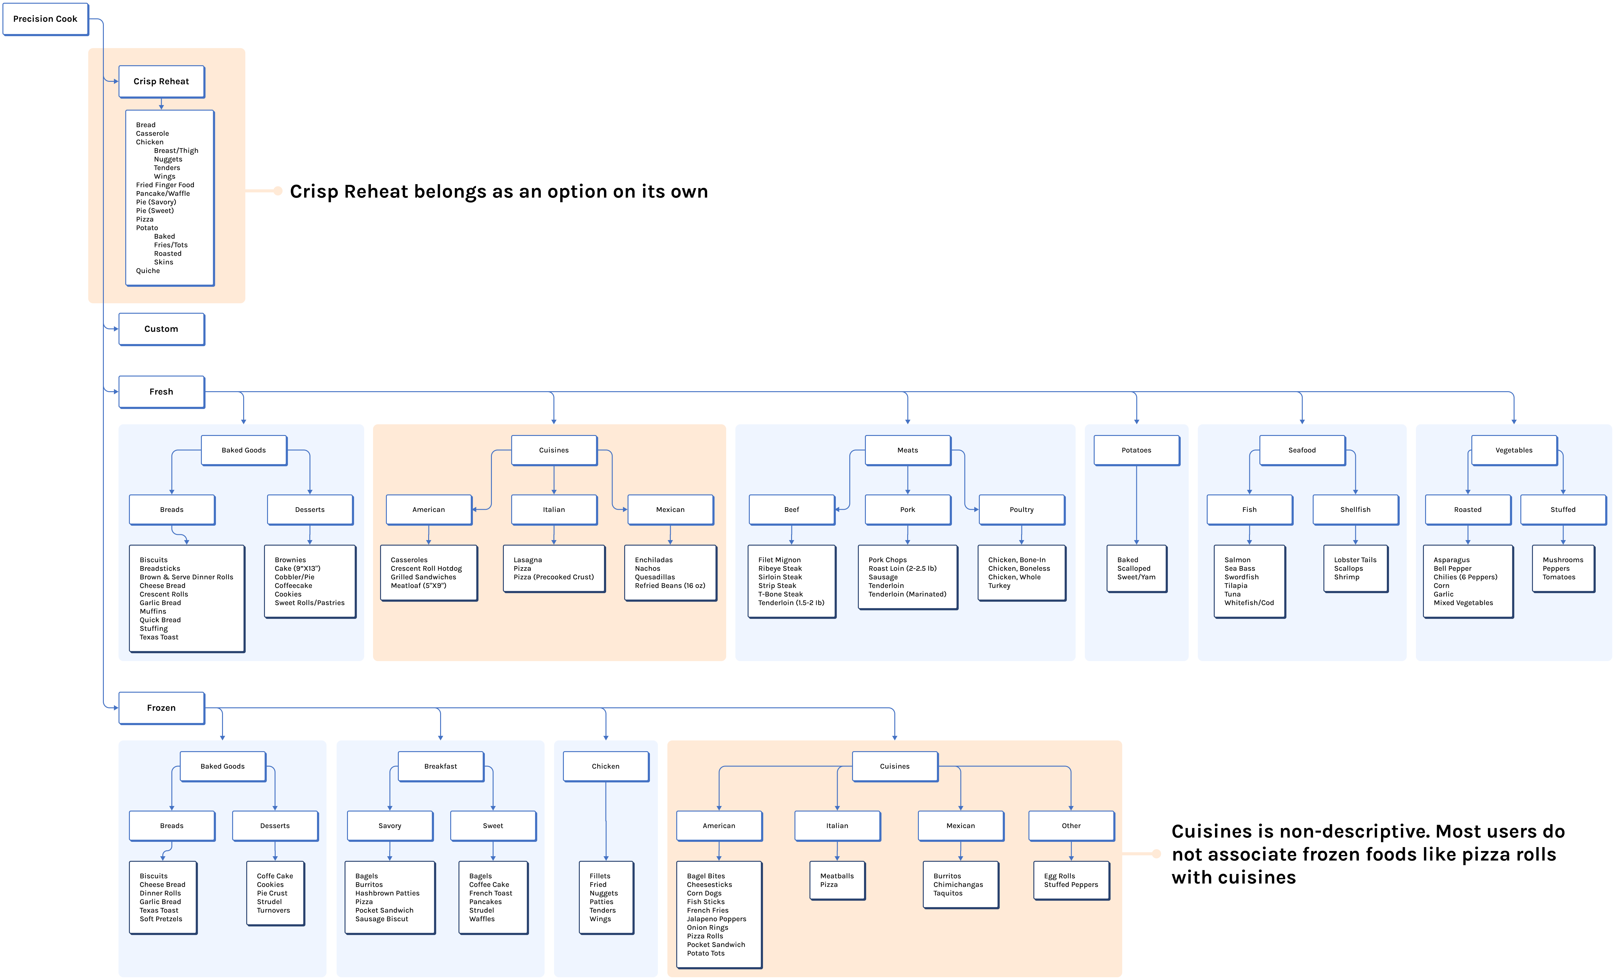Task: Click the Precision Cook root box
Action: coord(45,19)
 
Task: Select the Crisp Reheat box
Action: coord(161,81)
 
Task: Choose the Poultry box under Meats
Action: coord(1021,509)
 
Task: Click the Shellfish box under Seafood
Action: coord(1355,509)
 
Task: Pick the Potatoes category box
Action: coord(1136,450)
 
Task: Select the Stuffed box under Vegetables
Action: coord(1563,509)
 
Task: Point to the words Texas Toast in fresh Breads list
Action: coord(159,637)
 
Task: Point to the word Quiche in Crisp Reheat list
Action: coord(148,271)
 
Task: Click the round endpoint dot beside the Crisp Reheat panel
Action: coord(278,191)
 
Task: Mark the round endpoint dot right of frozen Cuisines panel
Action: coord(1156,853)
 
